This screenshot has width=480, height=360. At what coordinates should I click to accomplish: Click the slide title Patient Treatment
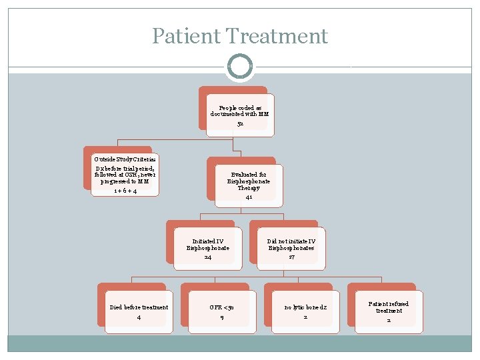pyautogui.click(x=240, y=35)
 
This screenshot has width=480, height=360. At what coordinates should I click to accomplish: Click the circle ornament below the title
pyautogui.click(x=240, y=66)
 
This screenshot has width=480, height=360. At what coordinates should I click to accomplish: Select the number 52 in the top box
pyautogui.click(x=240, y=123)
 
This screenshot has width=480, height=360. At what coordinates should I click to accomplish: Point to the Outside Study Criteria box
pyautogui.click(x=125, y=175)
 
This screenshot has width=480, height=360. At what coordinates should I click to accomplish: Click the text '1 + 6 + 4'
pyautogui.click(x=125, y=191)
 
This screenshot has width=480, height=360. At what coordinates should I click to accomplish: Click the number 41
pyautogui.click(x=249, y=197)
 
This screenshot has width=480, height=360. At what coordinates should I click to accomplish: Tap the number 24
pyautogui.click(x=208, y=257)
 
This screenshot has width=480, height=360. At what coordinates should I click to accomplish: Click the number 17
pyautogui.click(x=291, y=257)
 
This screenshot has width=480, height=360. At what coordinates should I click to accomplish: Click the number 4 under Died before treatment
pyautogui.click(x=139, y=317)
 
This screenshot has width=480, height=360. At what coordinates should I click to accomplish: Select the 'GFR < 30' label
pyautogui.click(x=222, y=307)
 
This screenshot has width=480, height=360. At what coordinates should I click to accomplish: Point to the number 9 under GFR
pyautogui.click(x=222, y=317)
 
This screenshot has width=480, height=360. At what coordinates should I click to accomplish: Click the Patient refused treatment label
pyautogui.click(x=389, y=307)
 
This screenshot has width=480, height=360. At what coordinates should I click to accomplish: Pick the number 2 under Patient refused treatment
pyautogui.click(x=389, y=320)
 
